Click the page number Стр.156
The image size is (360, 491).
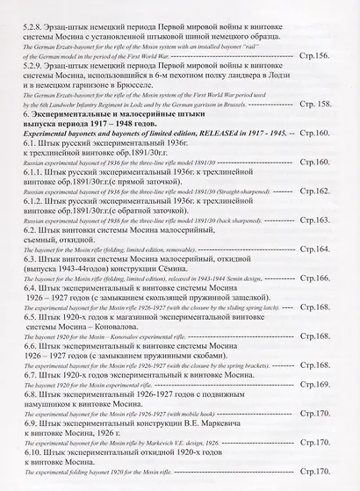click(330, 55)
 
